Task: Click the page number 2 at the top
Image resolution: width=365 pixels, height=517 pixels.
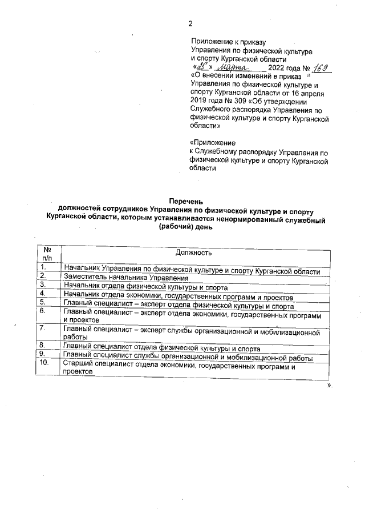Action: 190,23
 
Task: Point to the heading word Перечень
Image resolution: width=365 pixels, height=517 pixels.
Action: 186,200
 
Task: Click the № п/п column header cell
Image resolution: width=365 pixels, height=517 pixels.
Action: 47,254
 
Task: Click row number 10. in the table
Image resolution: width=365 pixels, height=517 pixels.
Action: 44,364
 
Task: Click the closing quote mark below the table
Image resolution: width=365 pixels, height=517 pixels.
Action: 329,386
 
